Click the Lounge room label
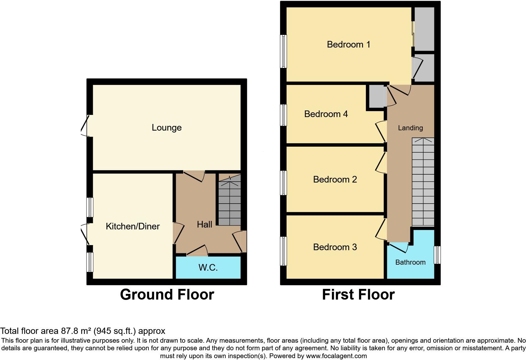click(x=166, y=127)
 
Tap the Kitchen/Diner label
click(x=132, y=226)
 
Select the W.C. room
click(x=208, y=267)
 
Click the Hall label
click(x=204, y=224)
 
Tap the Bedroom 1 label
click(x=348, y=44)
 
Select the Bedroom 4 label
click(x=326, y=114)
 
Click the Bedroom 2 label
click(x=335, y=179)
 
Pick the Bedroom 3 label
click(x=335, y=247)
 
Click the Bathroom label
click(x=410, y=262)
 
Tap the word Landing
click(x=410, y=128)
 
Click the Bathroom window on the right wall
click(x=437, y=255)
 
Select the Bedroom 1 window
click(x=283, y=51)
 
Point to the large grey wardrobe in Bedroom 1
click(x=424, y=29)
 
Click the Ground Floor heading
click(x=167, y=295)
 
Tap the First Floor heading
click(x=358, y=295)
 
